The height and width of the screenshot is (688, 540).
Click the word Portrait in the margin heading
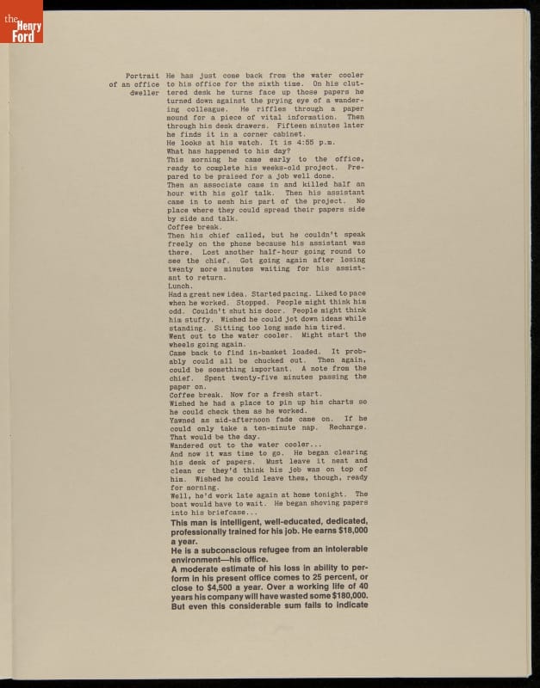[x=142, y=76]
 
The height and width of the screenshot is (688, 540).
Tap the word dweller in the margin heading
[x=145, y=92]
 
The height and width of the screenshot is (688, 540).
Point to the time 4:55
[x=302, y=143]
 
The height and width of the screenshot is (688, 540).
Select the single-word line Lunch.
[x=180, y=286]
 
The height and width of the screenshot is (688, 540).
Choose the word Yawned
[x=182, y=419]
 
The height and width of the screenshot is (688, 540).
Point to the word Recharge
[x=348, y=427]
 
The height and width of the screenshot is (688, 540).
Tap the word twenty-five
[x=256, y=378]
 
